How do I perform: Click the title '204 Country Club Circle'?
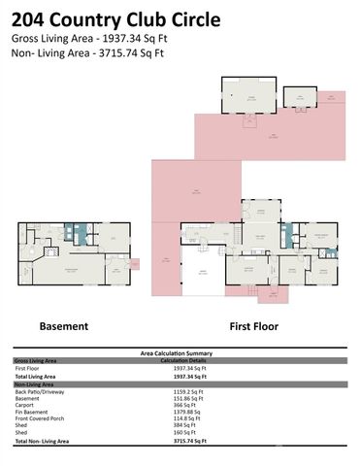115,19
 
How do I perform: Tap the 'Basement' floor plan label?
63,326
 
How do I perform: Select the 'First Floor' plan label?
255,326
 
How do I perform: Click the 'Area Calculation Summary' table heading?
180,353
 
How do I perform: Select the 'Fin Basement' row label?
33,412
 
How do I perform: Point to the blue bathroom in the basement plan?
81,233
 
